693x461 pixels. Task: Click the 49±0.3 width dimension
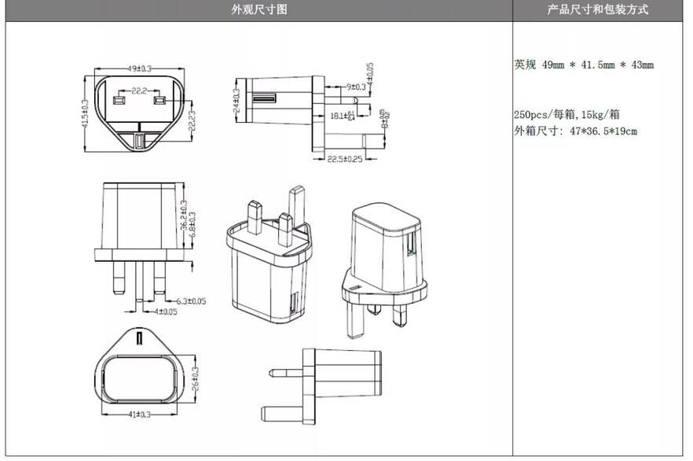click(139, 69)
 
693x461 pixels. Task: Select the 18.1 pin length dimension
click(342, 116)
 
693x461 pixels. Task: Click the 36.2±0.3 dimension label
click(183, 216)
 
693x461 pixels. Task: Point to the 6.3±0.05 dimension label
click(190, 301)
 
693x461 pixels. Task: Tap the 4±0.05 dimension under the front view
click(165, 312)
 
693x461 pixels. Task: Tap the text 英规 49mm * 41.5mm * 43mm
click(583, 65)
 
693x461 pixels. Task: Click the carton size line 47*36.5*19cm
click(575, 131)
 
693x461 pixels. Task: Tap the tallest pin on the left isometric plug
click(297, 206)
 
